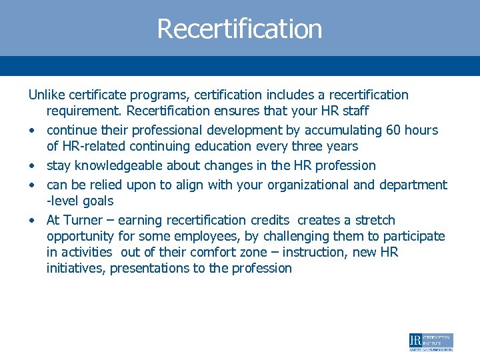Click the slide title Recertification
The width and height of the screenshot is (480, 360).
239,29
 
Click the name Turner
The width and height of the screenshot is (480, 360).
83,220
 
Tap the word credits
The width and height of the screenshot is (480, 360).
270,220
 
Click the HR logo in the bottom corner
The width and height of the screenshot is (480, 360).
431,342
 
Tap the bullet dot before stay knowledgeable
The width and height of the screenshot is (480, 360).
32,165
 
